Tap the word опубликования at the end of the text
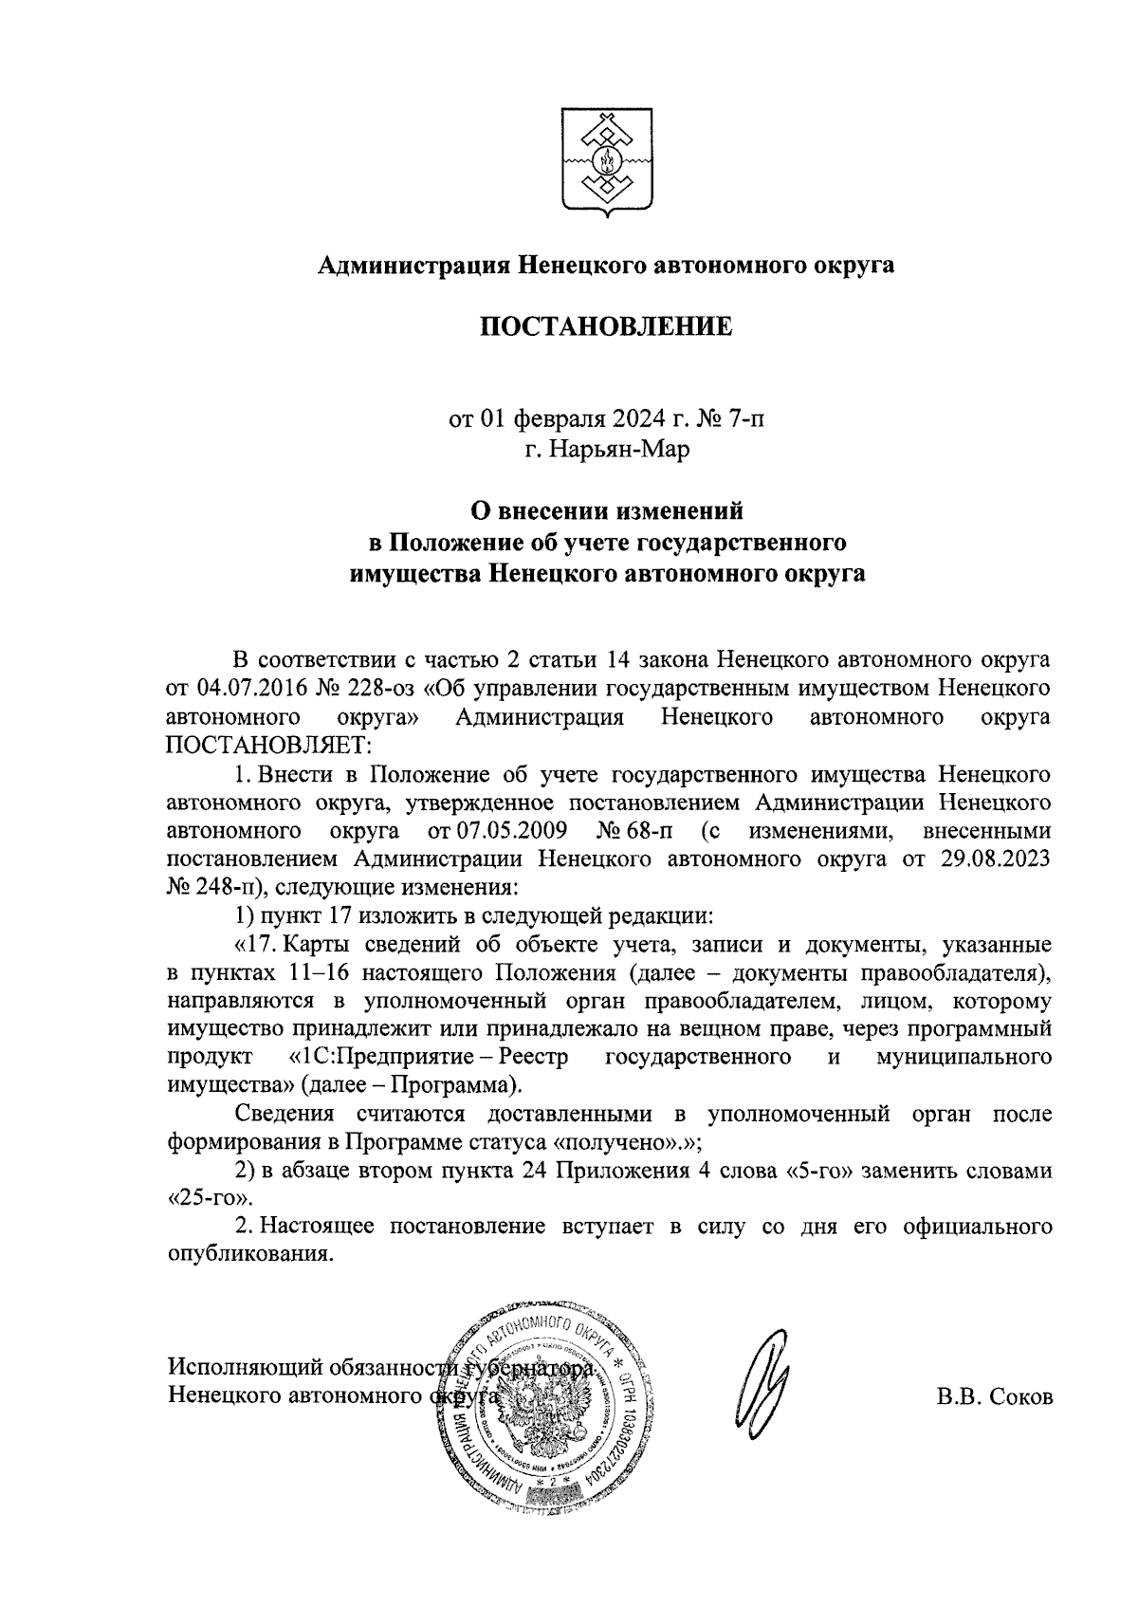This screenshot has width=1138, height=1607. (250, 1253)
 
